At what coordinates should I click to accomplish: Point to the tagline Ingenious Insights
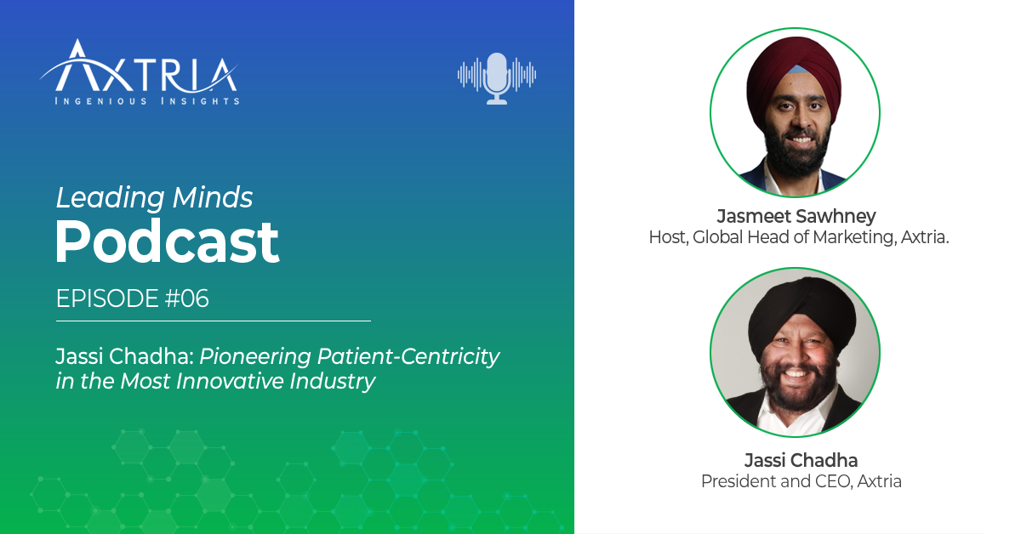(x=147, y=101)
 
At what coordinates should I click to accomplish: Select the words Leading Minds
(x=154, y=198)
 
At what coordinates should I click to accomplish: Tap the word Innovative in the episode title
(x=237, y=382)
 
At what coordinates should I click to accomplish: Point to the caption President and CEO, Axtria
(x=801, y=482)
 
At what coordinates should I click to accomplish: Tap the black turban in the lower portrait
(x=795, y=305)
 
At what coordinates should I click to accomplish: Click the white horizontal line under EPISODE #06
(x=213, y=321)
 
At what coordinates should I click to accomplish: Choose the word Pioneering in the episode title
(x=235, y=356)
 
